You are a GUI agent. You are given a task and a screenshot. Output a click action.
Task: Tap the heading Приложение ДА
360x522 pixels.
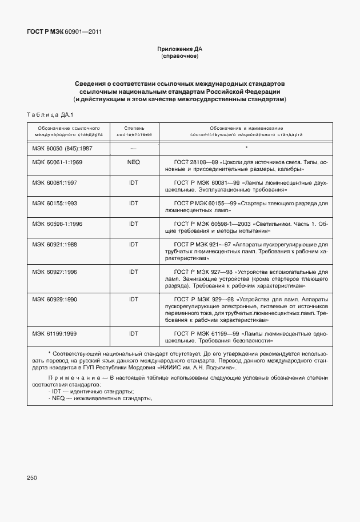(180, 50)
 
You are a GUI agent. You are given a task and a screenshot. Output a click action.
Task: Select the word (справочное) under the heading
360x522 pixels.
(180, 57)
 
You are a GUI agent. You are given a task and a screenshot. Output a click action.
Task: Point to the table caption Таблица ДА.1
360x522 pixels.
(50, 115)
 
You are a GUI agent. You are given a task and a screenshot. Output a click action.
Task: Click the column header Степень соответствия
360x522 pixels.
(134, 132)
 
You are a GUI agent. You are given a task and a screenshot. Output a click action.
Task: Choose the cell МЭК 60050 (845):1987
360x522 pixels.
(62, 148)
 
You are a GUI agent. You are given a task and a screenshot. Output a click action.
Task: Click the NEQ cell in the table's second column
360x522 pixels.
(134, 162)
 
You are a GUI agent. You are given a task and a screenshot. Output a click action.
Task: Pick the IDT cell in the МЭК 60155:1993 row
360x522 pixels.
(134, 203)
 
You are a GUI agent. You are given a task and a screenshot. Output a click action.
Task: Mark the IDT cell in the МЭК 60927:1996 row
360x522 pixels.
(134, 272)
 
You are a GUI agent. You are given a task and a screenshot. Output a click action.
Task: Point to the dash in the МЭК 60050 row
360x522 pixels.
(134, 149)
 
